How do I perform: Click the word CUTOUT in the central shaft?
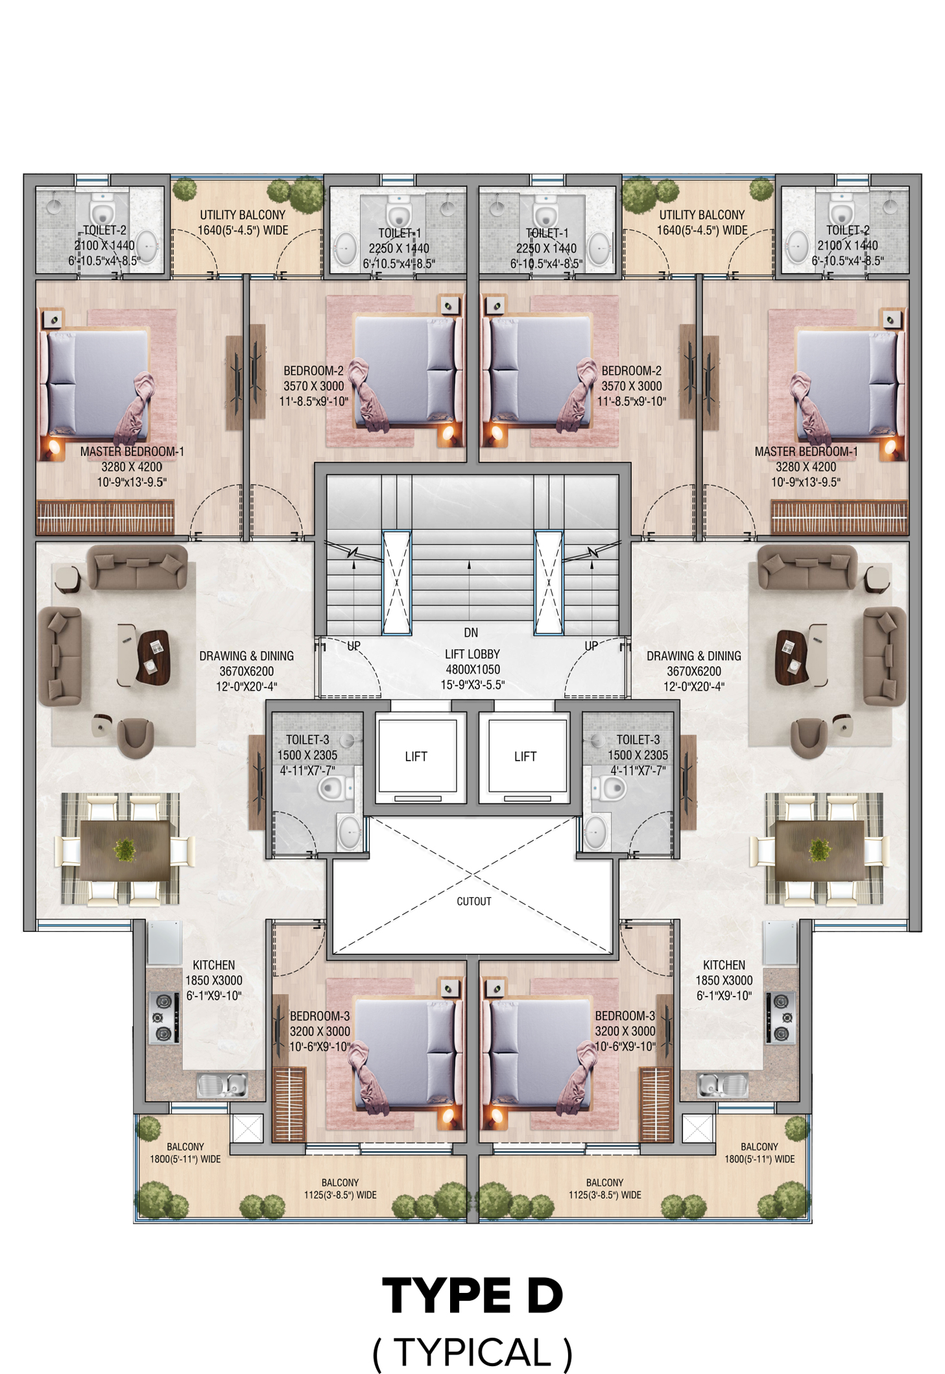coord(473,901)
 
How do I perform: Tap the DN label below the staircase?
coord(471,632)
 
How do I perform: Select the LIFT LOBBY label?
coord(472,654)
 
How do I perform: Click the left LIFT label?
coord(416,756)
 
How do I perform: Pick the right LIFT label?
coord(525,756)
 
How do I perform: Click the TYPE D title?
coord(472,1296)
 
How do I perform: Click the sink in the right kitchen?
coord(722,1085)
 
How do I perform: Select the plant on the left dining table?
coord(125,849)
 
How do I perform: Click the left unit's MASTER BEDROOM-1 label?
coord(132,451)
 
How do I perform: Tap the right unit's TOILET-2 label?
coord(848,230)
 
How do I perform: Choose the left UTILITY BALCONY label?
coord(243,215)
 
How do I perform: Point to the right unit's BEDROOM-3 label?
coord(625,1015)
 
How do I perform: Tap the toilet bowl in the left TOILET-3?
coord(331,788)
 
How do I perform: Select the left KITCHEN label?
coord(214,965)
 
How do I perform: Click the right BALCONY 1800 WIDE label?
coord(760,1153)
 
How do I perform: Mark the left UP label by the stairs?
coord(353,646)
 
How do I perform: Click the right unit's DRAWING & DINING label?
coord(694,656)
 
